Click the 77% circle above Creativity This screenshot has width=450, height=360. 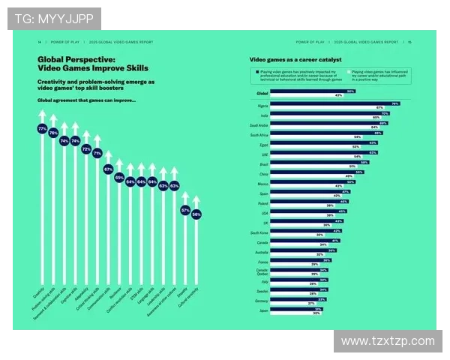(42, 129)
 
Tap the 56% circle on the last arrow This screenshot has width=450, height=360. (196, 214)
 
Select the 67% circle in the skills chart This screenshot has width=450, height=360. (108, 169)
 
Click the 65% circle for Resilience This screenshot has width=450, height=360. (119, 178)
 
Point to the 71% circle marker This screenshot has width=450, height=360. (97, 153)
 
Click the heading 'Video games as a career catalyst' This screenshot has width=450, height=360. (295, 58)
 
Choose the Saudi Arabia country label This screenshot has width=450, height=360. (259, 125)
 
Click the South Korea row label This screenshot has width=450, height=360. (259, 233)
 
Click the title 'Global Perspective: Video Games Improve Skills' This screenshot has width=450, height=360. (87, 62)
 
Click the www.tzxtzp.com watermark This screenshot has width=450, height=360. (387, 341)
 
